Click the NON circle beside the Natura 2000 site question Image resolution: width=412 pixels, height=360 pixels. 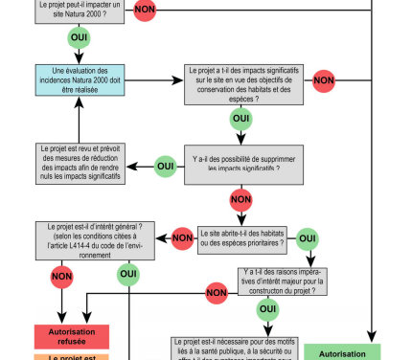coord(145,11)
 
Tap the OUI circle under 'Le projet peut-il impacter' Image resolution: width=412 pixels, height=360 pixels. coord(80,39)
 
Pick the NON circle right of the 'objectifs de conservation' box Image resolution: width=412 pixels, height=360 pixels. coord(323,80)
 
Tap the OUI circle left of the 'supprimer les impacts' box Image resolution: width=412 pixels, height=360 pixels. coord(165,165)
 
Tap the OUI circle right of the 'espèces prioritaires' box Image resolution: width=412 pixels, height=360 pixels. coord(308,237)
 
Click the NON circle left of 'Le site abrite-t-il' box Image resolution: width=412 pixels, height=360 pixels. coord(182,237)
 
